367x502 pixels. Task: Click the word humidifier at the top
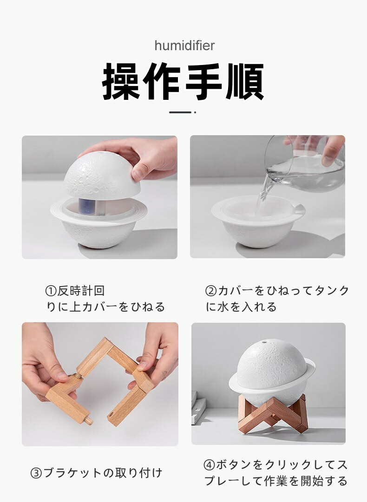click(x=184, y=46)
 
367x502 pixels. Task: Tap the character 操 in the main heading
click(x=121, y=81)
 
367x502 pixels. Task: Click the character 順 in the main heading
click(x=245, y=81)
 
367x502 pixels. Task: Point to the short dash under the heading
click(x=180, y=112)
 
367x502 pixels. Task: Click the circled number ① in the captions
click(x=51, y=291)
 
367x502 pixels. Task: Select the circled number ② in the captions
click(x=211, y=291)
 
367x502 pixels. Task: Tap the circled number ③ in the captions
click(x=36, y=473)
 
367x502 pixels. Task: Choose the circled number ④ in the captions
click(x=209, y=465)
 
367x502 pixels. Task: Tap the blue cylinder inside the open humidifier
click(x=86, y=207)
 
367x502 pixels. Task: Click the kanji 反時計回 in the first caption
click(x=81, y=291)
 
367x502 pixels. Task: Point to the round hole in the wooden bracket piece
click(x=111, y=416)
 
